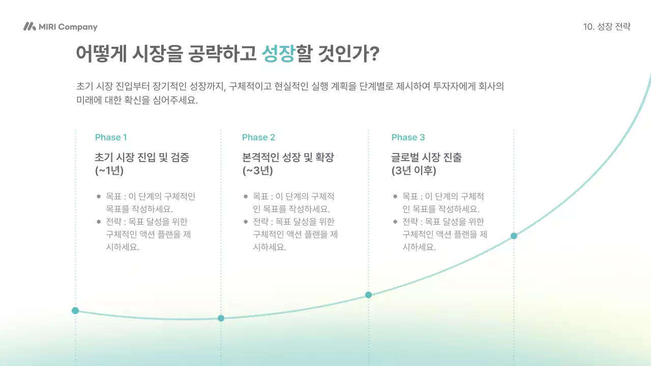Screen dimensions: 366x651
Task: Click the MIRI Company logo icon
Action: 29,27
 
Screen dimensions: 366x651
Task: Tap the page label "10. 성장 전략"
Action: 607,27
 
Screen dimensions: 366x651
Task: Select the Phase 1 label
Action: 111,137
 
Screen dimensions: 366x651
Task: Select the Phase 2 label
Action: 258,137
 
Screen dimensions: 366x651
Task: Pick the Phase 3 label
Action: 408,137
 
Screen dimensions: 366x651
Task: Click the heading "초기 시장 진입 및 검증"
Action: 142,157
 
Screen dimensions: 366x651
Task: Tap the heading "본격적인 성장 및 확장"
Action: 288,157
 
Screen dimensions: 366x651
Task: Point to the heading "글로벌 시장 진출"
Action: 427,157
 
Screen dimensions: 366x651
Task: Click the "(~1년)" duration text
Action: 109,171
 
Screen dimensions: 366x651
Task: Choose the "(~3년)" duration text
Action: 258,171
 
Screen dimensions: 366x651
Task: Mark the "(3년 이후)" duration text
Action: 414,171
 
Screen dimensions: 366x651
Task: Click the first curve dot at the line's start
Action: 75,311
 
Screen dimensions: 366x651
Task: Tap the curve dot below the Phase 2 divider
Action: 221,318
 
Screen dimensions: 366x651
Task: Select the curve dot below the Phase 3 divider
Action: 368,295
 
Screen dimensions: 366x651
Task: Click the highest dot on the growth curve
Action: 514,236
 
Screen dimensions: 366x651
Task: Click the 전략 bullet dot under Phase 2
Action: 246,222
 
